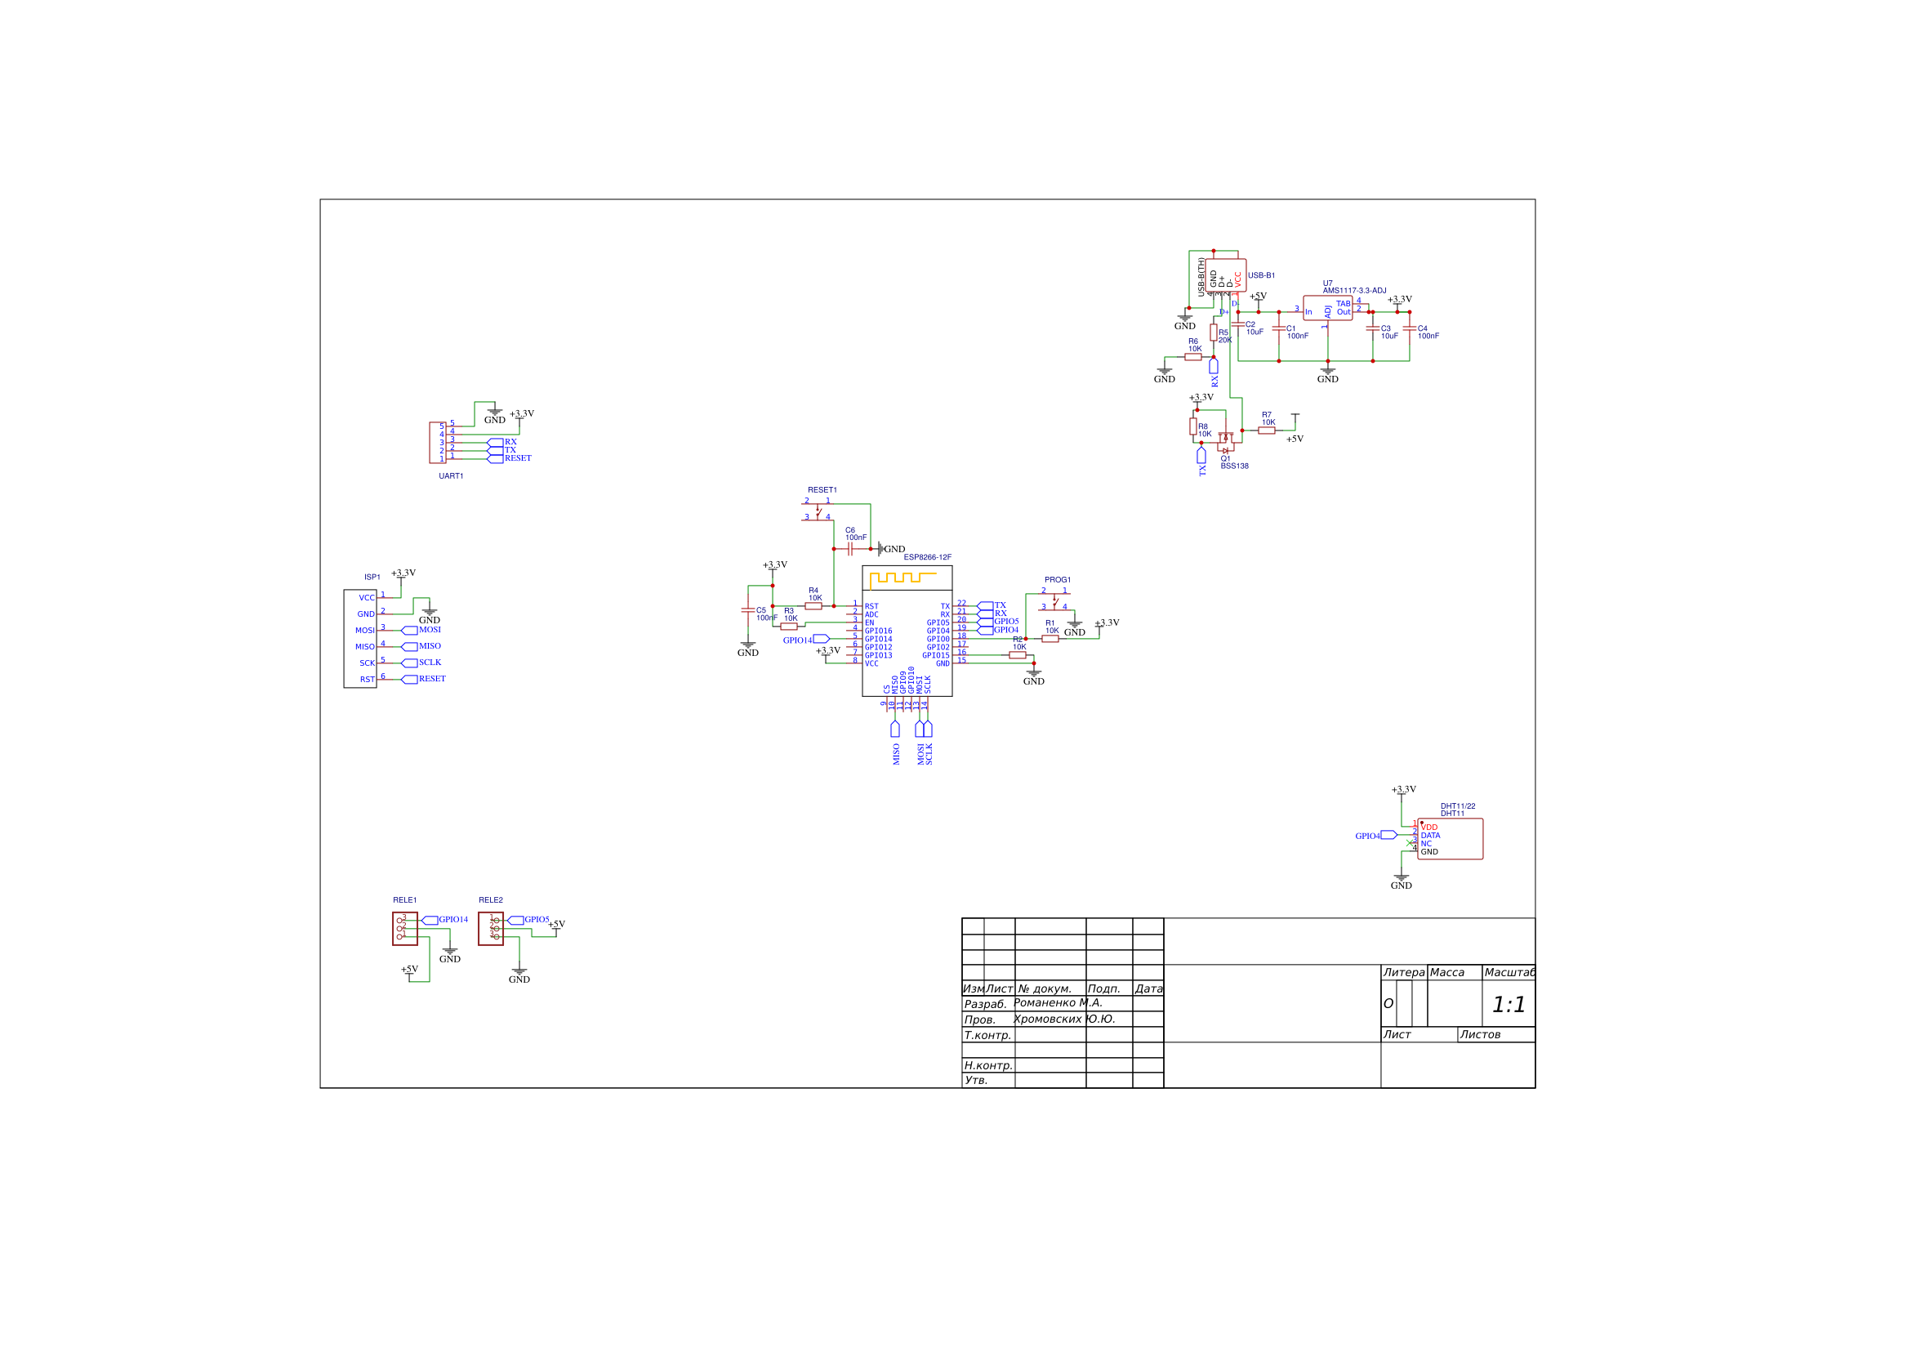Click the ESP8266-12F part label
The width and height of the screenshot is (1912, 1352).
927,557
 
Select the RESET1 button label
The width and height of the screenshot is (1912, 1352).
822,490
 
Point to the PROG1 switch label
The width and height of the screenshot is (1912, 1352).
1058,580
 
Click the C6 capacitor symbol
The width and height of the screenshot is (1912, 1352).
850,549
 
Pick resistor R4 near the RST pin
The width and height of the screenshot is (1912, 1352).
813,606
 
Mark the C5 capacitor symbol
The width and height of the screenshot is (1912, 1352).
748,610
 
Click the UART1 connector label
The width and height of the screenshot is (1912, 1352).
451,476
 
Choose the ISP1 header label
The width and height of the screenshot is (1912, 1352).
372,578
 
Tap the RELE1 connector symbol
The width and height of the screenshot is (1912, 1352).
405,929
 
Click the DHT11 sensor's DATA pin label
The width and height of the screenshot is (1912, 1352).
1430,836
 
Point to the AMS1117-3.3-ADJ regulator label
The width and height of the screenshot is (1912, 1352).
1354,291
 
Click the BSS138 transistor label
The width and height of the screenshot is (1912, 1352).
1234,466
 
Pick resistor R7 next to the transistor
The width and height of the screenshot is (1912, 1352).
1267,431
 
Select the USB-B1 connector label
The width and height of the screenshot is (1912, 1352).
1261,276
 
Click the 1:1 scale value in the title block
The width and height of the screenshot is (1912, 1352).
1508,1006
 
